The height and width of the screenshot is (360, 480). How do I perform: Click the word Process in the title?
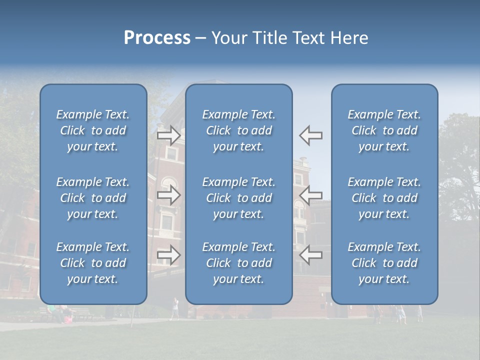157,38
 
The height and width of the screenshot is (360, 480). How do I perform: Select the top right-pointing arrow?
168,135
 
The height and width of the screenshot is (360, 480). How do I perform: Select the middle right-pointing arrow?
168,195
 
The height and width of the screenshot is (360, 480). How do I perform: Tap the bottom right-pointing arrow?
168,255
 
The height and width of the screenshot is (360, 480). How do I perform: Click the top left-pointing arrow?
311,135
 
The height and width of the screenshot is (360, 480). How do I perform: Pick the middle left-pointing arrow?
311,195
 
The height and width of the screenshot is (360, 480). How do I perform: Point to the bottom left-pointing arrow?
311,255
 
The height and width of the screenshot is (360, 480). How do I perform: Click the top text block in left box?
93,130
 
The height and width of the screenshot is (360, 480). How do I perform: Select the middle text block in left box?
93,198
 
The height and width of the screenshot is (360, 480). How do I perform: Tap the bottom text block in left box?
93,263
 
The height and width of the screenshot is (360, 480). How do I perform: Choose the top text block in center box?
239,130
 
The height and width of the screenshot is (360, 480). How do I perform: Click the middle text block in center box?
239,198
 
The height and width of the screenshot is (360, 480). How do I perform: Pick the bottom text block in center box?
239,263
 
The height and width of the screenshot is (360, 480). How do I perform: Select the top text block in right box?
384,130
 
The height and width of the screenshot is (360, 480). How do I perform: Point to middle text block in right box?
384,198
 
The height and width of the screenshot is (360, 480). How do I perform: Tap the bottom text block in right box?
384,263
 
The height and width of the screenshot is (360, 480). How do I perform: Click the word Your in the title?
229,38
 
